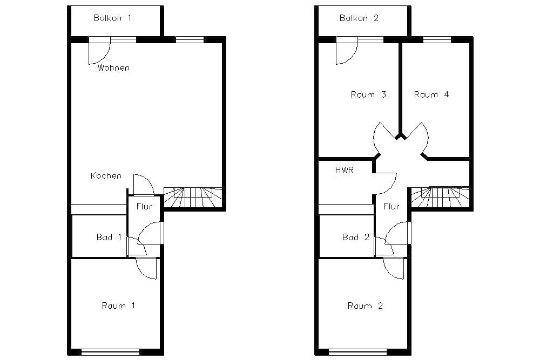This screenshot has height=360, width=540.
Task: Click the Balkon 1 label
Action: [x=113, y=18]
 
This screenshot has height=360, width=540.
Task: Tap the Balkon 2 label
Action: [x=359, y=18]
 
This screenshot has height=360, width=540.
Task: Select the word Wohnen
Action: [x=113, y=67]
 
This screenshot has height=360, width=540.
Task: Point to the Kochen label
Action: [x=106, y=175]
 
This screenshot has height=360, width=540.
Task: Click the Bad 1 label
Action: [x=109, y=237]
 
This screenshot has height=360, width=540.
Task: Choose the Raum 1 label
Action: [x=118, y=305]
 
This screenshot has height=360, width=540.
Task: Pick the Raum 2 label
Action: [x=365, y=305]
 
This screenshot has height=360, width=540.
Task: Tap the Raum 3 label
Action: [x=368, y=94]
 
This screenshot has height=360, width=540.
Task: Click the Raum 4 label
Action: [x=431, y=94]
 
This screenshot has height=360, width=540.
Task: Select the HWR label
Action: [x=344, y=170]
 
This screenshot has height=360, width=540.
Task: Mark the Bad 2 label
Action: [x=356, y=237]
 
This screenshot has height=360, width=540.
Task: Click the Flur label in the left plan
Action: [x=144, y=207]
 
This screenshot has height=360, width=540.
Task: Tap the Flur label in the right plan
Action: [x=391, y=207]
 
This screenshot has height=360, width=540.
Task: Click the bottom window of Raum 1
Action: [x=111, y=352]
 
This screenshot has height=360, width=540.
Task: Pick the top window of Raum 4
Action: [x=437, y=39]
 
